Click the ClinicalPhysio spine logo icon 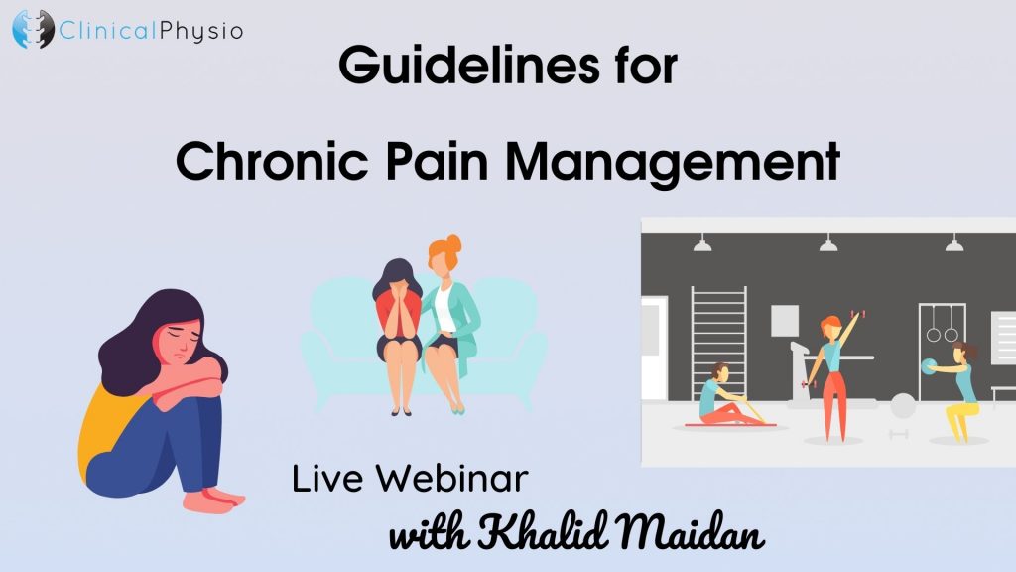pos(33,29)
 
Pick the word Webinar pos(452,479)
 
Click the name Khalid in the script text pos(543,532)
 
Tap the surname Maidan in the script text pos(690,532)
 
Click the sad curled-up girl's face pos(179,341)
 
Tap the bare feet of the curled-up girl pos(214,500)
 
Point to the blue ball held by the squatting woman pos(928,366)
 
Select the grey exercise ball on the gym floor pos(903,405)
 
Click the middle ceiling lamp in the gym pos(828,243)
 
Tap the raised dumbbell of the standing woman pos(862,314)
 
